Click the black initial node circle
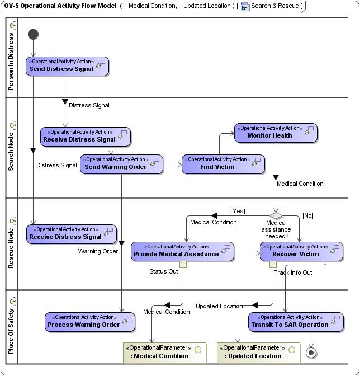coord(33,35)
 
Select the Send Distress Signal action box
coord(67,66)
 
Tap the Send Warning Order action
coord(121,163)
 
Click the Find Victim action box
coord(222,163)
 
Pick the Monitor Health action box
coord(275,132)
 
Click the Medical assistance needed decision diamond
coord(276,214)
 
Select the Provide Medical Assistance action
coord(182,251)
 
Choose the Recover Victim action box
coord(301,251)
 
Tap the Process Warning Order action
coord(89,321)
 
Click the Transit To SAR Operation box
coord(295,321)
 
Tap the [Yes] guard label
coord(238,211)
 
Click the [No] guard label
coord(307,215)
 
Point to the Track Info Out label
coord(293,272)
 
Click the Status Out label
coord(163,271)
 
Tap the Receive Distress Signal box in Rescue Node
coord(72,234)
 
